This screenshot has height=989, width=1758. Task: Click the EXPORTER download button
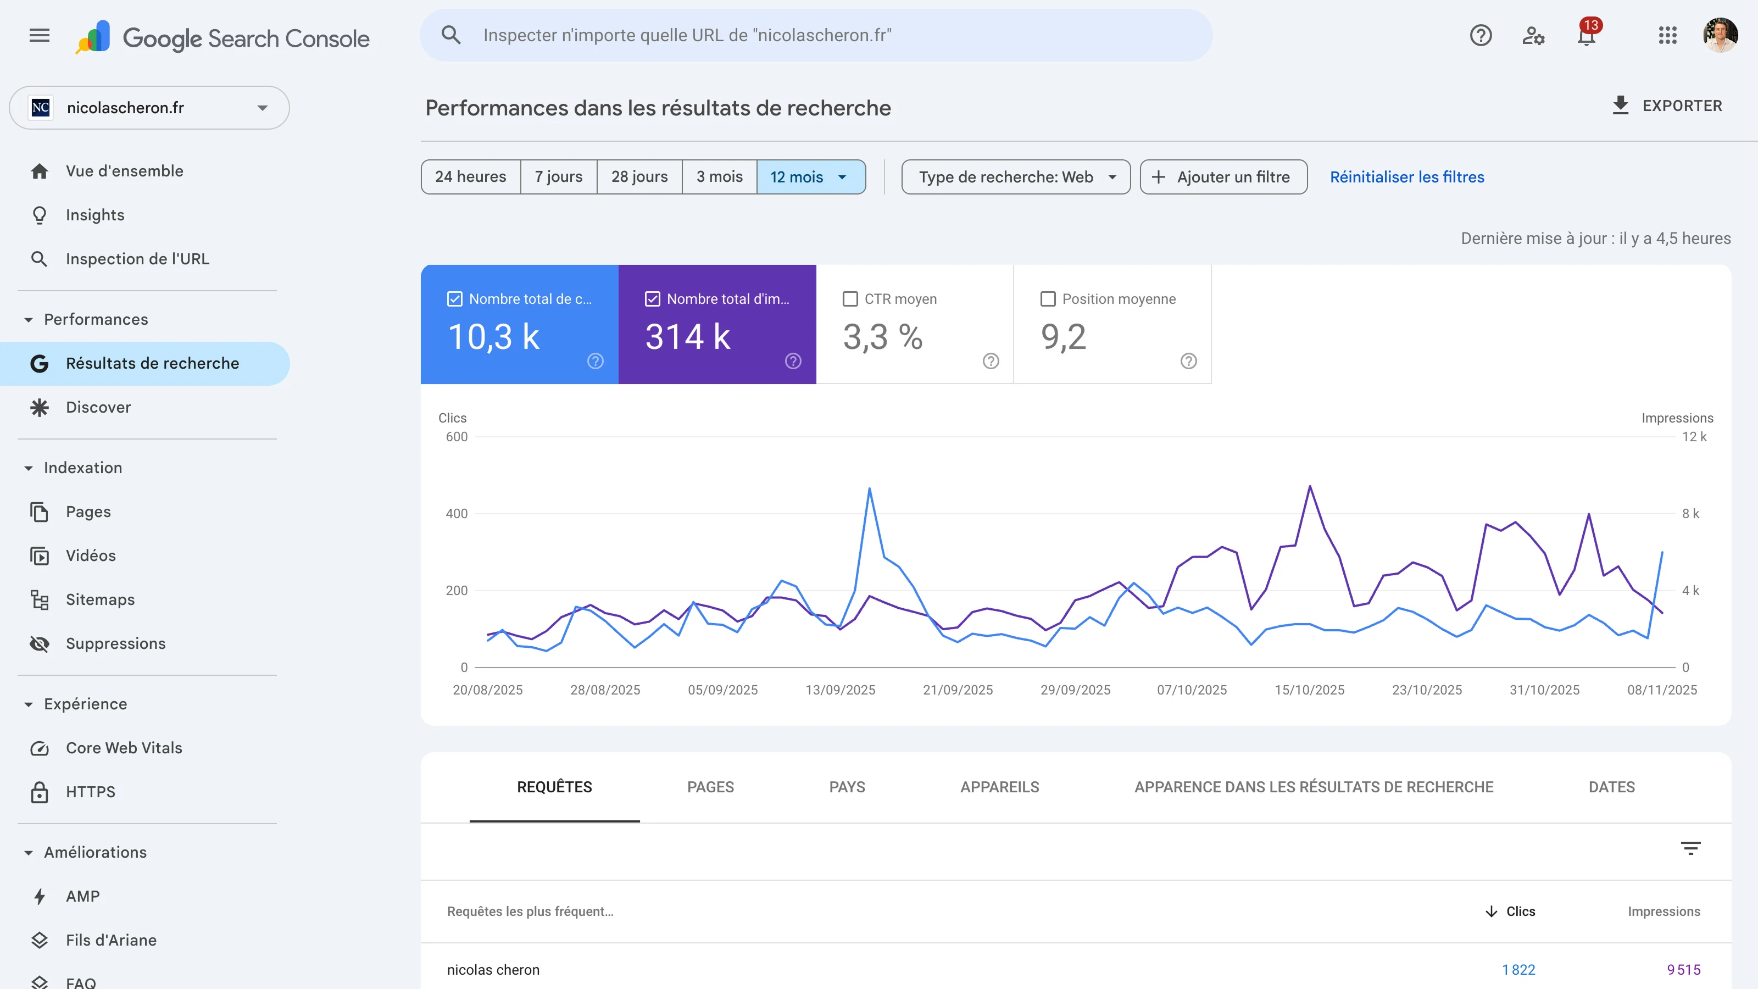pos(1667,106)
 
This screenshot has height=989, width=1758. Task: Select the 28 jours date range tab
pos(639,177)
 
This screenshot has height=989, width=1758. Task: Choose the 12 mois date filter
pos(809,177)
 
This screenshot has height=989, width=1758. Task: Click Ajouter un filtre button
pos(1223,177)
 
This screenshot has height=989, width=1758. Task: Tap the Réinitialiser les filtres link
pos(1406,177)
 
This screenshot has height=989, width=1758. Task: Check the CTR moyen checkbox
pos(850,299)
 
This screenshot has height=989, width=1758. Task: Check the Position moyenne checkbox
pos(1048,299)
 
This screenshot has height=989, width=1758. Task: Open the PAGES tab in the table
pos(710,787)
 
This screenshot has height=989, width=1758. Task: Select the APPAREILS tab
pos(999,787)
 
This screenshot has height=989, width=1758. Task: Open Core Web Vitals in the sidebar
pos(124,747)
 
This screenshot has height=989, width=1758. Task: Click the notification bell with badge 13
pos(1586,36)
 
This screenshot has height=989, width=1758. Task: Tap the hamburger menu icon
pos(40,36)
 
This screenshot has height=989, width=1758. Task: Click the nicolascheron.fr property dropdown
pos(149,108)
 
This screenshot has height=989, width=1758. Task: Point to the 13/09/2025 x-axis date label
pos(840,690)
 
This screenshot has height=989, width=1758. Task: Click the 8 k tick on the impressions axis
pos(1690,513)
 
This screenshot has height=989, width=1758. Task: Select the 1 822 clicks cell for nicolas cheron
pos(1518,969)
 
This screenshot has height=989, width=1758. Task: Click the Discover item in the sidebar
pos(98,408)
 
